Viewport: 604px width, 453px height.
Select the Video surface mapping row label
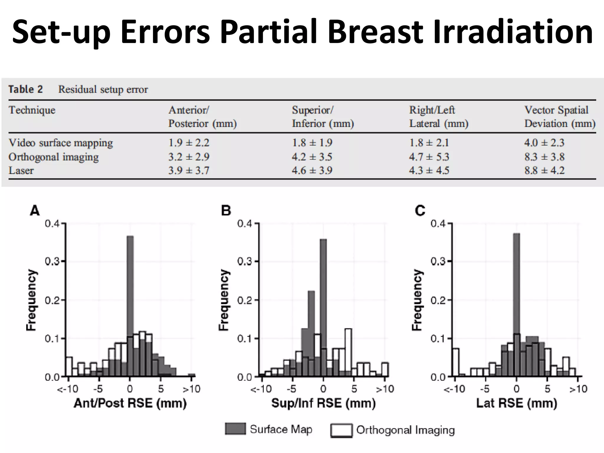click(61, 143)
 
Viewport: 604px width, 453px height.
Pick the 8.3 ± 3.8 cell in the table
click(544, 157)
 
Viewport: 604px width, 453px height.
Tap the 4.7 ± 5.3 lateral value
click(429, 157)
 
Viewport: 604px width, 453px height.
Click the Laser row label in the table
click(21, 170)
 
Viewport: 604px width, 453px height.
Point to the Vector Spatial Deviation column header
click(559, 117)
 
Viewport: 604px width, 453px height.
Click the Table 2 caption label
click(25, 89)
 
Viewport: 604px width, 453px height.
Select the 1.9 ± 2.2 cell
click(189, 143)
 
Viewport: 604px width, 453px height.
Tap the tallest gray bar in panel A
click(130, 295)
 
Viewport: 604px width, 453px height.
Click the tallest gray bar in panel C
click(516, 295)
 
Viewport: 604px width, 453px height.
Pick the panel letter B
click(226, 211)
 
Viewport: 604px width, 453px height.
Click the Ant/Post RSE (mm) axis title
click(130, 403)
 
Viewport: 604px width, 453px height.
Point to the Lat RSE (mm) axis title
click(516, 403)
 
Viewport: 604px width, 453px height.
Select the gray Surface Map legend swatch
click(235, 429)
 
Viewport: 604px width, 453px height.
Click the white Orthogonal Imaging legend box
click(341, 430)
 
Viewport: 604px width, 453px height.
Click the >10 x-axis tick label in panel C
click(578, 389)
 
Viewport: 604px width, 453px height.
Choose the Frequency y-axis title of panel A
click(31, 300)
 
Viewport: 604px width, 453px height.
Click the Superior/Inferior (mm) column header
click(323, 117)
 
